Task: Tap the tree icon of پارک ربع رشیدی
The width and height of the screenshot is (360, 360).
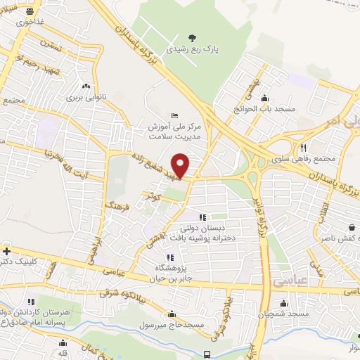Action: pyautogui.click(x=193, y=38)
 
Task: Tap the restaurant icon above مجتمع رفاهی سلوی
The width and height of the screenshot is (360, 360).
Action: pyautogui.click(x=304, y=148)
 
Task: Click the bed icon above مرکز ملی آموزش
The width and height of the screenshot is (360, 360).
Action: pyautogui.click(x=175, y=115)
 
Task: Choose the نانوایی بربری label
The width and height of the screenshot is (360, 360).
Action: pyautogui.click(x=85, y=98)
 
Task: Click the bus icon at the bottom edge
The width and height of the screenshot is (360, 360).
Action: pyautogui.click(x=207, y=354)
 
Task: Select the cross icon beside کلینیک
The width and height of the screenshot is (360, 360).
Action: pyautogui.click(x=6, y=251)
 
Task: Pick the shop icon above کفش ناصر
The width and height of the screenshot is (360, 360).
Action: pyautogui.click(x=352, y=227)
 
